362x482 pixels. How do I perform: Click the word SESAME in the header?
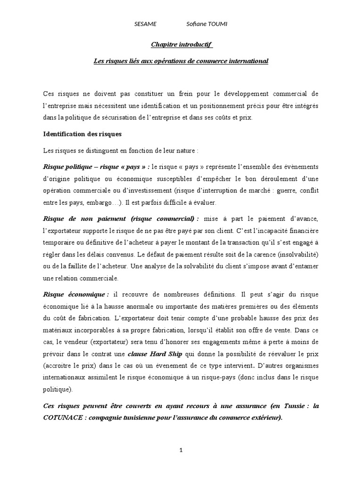145,24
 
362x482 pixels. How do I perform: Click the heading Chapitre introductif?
181,45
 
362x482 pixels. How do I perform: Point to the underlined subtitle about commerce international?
181,61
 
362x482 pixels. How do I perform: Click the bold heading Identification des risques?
82,134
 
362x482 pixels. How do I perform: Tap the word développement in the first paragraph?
246,93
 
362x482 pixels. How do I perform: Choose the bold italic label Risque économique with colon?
76,294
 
